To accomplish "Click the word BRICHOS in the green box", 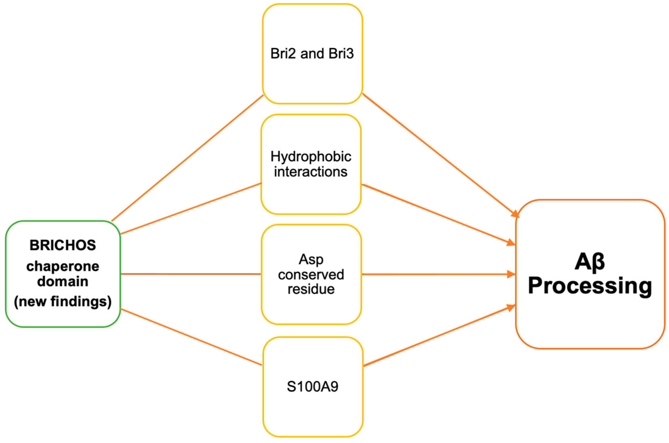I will click(x=63, y=245).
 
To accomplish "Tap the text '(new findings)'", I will click(x=63, y=301).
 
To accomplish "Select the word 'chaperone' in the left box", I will click(x=63, y=266).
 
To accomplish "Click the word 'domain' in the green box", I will click(x=63, y=281).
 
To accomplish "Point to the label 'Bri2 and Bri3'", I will click(x=312, y=54).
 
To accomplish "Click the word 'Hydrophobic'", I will click(x=311, y=157).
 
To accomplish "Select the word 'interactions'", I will click(x=311, y=172).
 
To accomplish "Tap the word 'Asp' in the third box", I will click(x=311, y=259).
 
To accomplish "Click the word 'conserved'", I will click(x=311, y=275).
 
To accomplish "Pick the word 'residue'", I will click(x=311, y=289).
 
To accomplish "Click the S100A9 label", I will click(x=312, y=387).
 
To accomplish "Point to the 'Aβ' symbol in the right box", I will click(x=589, y=262).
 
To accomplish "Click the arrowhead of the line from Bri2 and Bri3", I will click(x=515, y=214).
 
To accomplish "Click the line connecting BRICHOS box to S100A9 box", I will click(x=191, y=337).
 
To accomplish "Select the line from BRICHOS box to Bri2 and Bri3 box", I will click(x=187, y=158).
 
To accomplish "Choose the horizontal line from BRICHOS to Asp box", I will click(x=191, y=274).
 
